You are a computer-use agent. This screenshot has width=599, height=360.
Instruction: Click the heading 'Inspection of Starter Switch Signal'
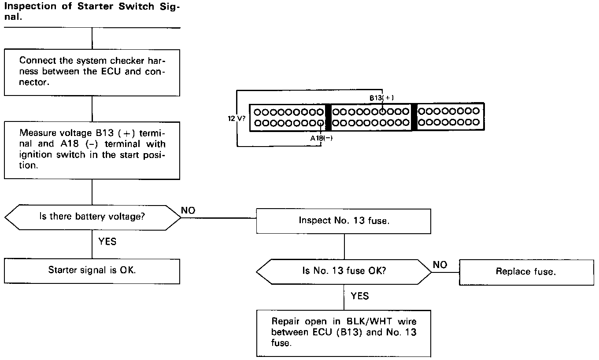(92, 12)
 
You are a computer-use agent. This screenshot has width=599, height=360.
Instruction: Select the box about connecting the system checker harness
(92, 72)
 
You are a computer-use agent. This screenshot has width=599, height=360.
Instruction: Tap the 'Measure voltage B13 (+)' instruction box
(92, 150)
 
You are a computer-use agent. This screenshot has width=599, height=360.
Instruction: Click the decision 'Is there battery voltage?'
(92, 217)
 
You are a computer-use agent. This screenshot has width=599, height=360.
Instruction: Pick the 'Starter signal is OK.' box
(92, 270)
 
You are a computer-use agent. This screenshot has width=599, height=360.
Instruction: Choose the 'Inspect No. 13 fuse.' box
(344, 221)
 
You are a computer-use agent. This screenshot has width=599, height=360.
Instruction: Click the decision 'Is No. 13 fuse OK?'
(344, 272)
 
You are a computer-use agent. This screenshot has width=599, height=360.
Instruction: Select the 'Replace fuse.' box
(526, 272)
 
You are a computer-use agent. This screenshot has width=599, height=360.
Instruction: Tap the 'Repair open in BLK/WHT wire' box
(344, 332)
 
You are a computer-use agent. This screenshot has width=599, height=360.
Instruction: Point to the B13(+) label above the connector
(379, 98)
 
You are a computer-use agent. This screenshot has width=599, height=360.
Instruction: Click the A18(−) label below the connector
(321, 138)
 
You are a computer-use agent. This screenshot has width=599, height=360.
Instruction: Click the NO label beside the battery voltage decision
(188, 211)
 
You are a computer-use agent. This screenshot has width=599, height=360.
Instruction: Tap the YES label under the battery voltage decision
(107, 241)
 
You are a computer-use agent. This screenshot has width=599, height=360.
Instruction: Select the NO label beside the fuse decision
(440, 264)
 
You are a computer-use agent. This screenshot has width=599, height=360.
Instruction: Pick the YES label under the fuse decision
(360, 296)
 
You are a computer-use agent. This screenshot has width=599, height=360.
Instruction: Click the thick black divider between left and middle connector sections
(327, 117)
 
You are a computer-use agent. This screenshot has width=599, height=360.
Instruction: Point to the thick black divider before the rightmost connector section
(414, 117)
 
